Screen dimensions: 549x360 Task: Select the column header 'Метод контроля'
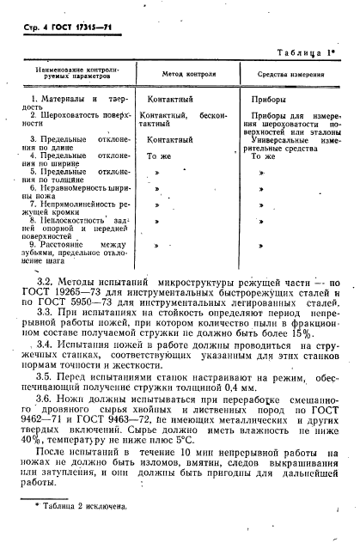pyautogui.click(x=184, y=75)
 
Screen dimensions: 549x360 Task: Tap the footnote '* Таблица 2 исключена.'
pyautogui.click(x=82, y=531)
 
